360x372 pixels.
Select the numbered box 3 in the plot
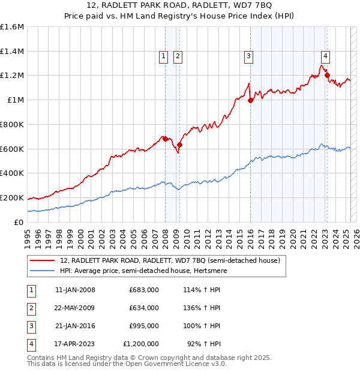click(248, 56)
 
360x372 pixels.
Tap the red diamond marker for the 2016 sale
click(251, 100)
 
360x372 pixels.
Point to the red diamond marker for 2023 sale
click(327, 75)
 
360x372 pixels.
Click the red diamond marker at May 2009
click(179, 144)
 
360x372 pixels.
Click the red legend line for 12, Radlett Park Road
click(41, 260)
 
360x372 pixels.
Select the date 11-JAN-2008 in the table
click(75, 290)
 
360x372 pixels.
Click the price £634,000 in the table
click(144, 308)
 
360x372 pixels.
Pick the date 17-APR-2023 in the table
click(75, 344)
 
